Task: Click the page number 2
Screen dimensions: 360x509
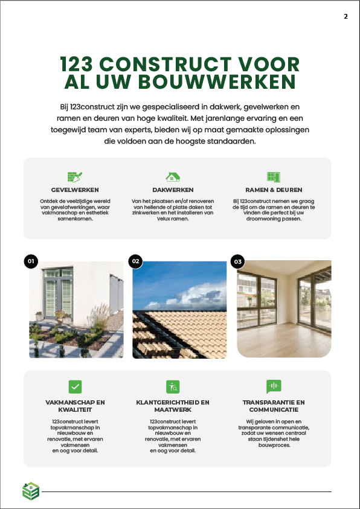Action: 346,16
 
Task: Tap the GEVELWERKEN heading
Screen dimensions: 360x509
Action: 75,190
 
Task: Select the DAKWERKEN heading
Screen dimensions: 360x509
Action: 173,190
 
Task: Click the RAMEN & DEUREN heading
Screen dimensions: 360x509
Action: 274,190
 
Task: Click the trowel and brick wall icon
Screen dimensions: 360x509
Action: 75,176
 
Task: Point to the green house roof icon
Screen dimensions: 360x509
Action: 173,176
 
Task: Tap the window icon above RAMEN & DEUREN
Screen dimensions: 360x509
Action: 274,176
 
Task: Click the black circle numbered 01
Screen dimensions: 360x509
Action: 31,261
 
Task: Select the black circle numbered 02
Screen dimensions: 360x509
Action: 135,261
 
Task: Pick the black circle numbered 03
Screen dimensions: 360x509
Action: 238,261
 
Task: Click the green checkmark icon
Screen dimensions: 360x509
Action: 75,386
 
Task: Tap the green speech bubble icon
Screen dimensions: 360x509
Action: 274,386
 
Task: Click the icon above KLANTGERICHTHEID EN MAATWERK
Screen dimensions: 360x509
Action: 173,386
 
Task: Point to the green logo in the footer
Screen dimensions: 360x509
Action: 30,491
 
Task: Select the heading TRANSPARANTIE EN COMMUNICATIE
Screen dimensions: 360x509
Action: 274,406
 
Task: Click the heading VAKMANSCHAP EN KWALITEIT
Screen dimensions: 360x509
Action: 75,406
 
